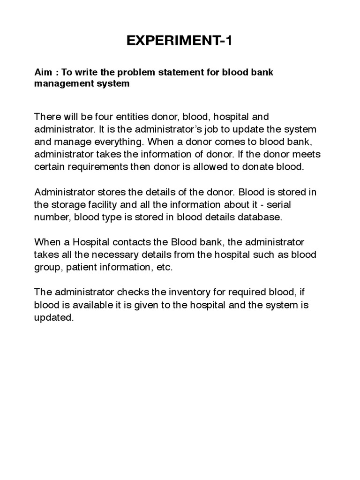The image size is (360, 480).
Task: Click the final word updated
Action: (x=54, y=317)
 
